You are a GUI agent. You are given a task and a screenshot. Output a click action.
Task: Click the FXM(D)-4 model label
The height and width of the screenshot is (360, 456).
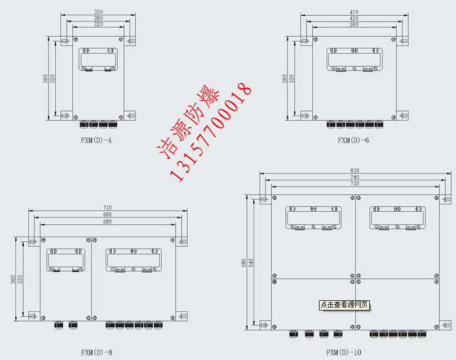(x=96, y=140)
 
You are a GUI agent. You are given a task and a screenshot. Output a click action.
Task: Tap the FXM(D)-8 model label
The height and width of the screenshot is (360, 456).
(x=96, y=353)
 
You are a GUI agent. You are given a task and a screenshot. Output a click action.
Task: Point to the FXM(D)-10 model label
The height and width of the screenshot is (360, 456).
(x=344, y=353)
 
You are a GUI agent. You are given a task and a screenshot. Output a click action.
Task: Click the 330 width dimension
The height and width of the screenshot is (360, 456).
(x=99, y=11)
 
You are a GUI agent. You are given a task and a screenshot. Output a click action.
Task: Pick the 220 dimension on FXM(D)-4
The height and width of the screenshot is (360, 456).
(x=99, y=25)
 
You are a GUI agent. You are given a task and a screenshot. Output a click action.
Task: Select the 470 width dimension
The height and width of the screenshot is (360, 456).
(x=354, y=11)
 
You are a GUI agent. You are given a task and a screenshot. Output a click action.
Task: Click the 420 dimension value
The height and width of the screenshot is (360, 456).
(x=354, y=18)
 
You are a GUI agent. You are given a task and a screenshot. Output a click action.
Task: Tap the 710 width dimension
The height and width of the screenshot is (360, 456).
(x=107, y=208)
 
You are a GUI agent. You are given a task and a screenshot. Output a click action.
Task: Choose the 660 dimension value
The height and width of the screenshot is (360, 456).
(x=107, y=215)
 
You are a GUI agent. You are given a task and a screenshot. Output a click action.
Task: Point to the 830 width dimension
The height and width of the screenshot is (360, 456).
(x=355, y=170)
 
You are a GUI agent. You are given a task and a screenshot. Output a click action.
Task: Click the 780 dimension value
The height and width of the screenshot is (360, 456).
(x=355, y=177)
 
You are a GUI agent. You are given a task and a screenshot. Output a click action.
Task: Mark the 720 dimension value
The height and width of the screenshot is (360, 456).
(x=355, y=184)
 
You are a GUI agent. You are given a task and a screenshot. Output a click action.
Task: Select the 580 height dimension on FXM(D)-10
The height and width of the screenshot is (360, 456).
(x=244, y=263)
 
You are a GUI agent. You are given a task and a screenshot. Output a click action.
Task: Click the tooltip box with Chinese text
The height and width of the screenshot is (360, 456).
(x=344, y=305)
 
